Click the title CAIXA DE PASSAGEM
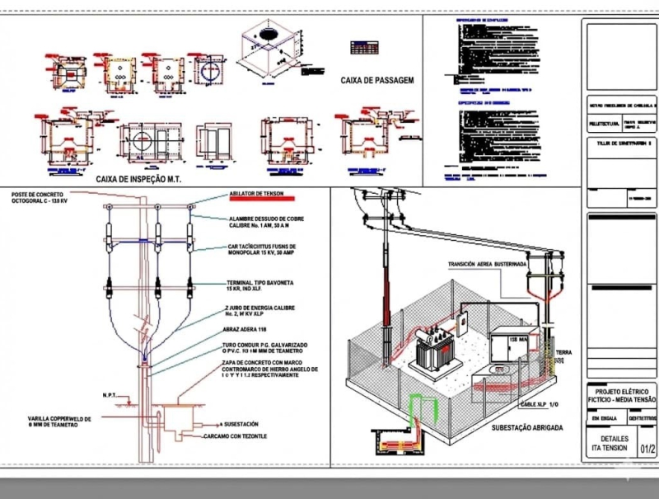coord(376,81)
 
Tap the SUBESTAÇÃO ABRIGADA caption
coord(526,428)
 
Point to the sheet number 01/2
coord(647,450)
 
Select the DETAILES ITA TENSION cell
coord(615,444)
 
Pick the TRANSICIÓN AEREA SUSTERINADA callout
coord(486,265)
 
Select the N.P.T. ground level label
coord(113,394)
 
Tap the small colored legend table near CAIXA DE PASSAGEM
coord(365,47)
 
